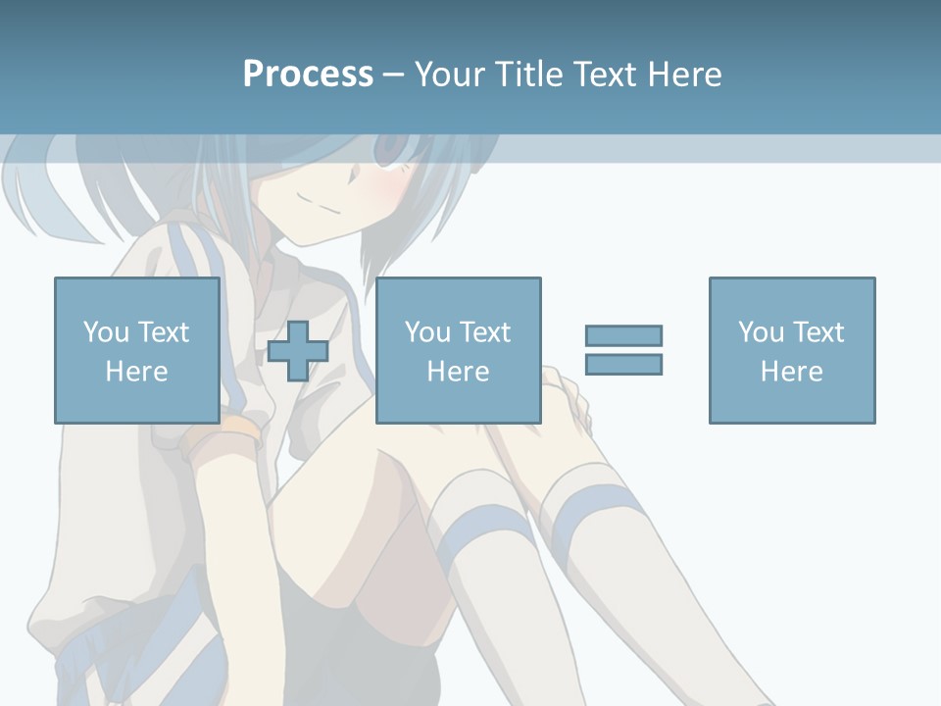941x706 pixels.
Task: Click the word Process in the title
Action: coord(308,75)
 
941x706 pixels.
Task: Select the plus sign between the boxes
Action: coord(298,351)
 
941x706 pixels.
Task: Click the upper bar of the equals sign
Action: coord(623,335)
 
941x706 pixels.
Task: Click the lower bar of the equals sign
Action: coord(623,364)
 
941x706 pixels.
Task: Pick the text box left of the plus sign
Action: coord(137,351)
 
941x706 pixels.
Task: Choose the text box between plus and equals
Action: coord(458,351)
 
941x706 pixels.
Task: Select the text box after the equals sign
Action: coord(791,351)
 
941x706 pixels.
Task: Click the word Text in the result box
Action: coord(817,332)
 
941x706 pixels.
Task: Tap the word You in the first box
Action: coord(106,332)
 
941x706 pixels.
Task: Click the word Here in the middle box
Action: coord(458,372)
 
